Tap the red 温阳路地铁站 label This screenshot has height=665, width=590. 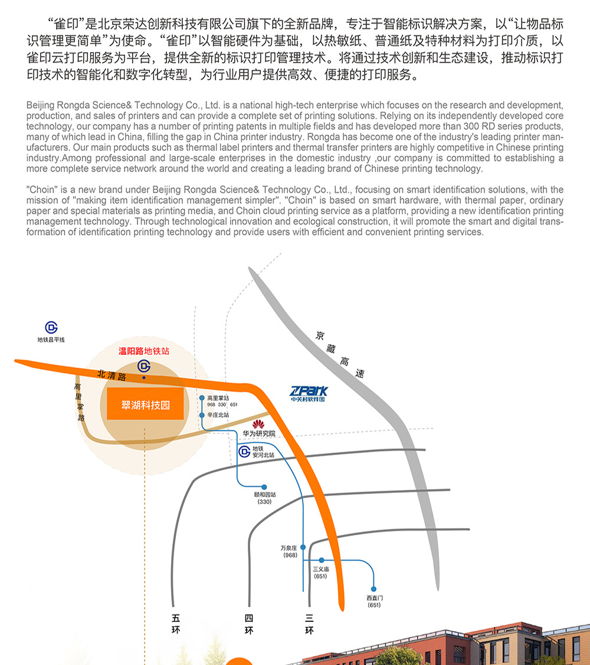point(144,351)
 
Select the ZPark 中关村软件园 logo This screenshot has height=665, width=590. point(309,394)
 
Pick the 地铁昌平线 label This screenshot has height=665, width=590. point(51,340)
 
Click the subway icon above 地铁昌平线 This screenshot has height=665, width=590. point(51,327)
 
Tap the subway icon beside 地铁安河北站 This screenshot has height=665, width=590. point(244,452)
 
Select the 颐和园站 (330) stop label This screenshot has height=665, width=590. point(264,498)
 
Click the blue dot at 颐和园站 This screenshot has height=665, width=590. point(264,487)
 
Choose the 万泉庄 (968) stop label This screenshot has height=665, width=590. point(290,551)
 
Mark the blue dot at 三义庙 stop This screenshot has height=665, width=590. point(322,559)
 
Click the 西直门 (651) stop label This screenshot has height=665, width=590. point(374,601)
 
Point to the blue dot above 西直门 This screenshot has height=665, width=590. point(373,588)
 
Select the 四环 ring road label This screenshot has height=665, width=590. point(248,624)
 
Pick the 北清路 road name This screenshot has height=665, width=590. point(112,375)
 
